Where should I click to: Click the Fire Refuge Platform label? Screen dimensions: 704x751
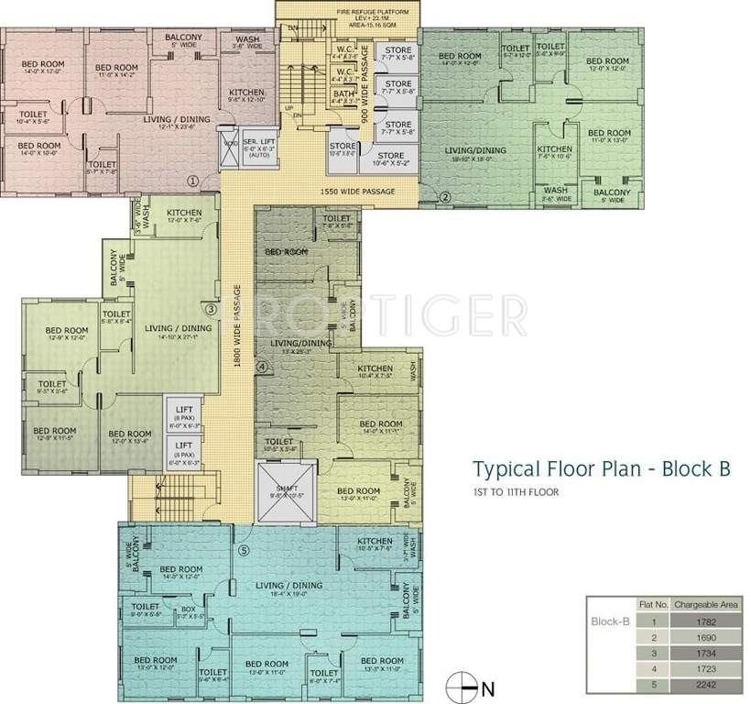[x=348, y=12]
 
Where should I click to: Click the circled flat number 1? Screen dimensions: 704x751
[x=192, y=181]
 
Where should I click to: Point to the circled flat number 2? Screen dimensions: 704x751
[x=445, y=196]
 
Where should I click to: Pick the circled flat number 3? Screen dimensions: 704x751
[x=210, y=309]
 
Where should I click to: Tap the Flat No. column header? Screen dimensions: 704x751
[x=651, y=605]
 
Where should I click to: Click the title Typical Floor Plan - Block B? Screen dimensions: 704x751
[x=601, y=469]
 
